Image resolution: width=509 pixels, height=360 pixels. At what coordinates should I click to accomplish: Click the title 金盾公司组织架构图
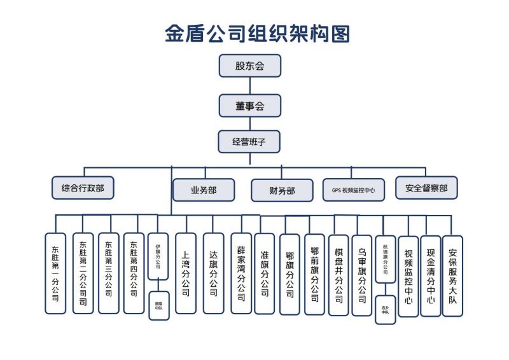point(257,33)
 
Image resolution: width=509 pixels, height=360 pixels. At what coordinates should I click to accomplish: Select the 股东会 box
point(249,66)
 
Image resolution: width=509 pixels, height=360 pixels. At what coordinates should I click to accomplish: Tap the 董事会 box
point(249,106)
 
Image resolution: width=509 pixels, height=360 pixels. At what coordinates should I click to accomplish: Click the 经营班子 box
point(249,142)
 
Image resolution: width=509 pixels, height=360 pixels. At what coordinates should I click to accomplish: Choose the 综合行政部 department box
point(83,188)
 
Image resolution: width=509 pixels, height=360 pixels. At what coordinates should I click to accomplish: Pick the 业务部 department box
point(204,190)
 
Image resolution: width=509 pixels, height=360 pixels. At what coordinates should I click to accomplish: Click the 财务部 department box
point(282,190)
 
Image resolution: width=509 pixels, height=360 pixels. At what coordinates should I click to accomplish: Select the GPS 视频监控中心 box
point(353,190)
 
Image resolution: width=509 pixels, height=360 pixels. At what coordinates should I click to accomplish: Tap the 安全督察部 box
point(426,188)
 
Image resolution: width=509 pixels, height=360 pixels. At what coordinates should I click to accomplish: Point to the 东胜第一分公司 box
point(55,273)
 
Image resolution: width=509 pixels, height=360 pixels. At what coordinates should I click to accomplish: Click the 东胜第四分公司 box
point(134,272)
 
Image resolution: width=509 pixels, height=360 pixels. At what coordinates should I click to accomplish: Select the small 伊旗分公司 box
point(158,257)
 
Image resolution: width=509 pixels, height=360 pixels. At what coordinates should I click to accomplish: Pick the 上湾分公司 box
point(185,273)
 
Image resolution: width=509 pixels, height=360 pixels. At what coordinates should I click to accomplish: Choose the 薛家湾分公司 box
point(241,273)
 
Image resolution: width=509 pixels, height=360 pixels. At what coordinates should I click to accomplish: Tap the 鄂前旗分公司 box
point(314,274)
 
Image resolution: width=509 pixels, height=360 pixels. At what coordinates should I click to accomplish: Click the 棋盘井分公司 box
point(338,275)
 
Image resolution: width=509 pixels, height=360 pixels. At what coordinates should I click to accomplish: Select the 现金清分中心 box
point(431,275)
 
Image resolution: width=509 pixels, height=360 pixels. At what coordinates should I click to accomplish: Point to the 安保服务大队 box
point(452,275)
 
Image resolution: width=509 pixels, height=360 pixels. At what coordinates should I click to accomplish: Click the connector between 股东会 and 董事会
point(249,86)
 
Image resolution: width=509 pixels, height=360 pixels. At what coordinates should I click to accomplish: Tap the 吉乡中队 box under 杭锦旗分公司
point(386,310)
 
